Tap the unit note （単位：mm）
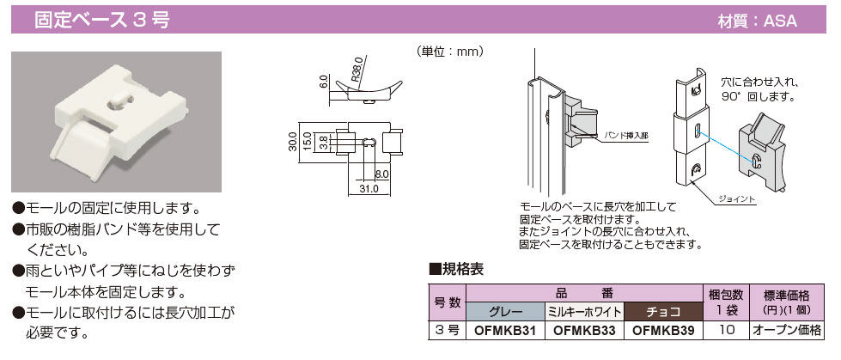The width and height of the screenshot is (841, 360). [x=450, y=52]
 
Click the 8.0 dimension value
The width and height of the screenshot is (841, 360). [x=382, y=174]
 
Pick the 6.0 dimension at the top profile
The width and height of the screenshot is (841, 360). [x=323, y=82]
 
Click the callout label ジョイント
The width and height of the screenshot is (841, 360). [x=734, y=199]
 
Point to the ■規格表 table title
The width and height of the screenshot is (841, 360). [x=455, y=270]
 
